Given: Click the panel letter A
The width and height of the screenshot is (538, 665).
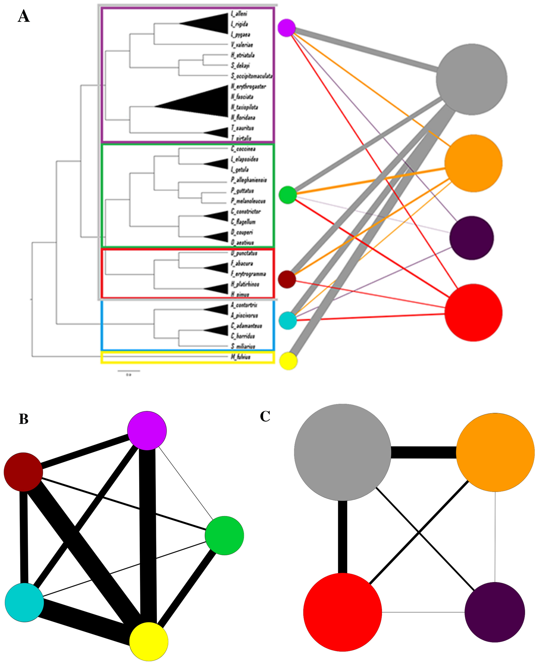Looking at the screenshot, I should (24, 16).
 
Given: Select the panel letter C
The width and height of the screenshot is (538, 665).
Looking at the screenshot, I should (265, 416).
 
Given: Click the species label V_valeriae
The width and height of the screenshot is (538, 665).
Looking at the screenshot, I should (242, 45).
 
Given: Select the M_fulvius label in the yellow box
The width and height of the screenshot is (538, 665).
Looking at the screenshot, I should (241, 357).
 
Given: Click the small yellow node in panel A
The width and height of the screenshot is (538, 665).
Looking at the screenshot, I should (288, 361).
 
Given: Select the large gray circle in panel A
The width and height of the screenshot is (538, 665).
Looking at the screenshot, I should (471, 79).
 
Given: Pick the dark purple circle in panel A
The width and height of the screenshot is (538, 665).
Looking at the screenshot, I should (471, 238).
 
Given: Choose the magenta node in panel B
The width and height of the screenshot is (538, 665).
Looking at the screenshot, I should (147, 431).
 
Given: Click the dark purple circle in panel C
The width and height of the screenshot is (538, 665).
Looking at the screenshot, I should (495, 612).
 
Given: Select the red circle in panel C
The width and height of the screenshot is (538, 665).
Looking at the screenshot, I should (342, 612).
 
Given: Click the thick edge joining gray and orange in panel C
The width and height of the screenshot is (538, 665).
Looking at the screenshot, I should (423, 452).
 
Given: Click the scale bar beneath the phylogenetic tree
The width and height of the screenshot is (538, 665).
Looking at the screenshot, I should (129, 371).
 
